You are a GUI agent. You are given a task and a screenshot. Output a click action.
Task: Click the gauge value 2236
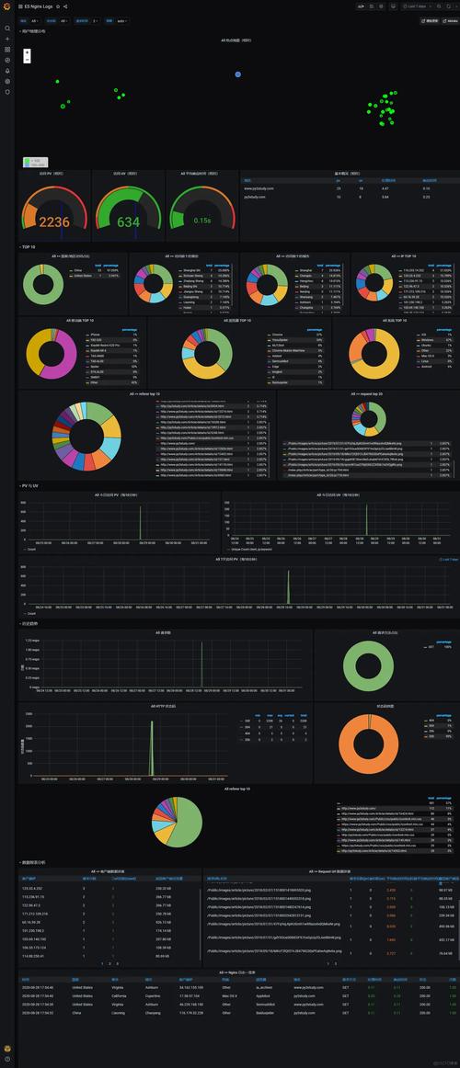(54, 222)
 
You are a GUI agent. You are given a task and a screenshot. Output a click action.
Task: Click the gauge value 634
(128, 222)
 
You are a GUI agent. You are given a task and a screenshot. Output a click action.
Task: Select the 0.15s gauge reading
(201, 221)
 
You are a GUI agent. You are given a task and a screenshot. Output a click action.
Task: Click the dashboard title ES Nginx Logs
(38, 6)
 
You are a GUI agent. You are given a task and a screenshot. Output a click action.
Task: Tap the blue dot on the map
(238, 74)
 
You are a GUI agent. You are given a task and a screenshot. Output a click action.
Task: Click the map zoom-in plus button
(27, 52)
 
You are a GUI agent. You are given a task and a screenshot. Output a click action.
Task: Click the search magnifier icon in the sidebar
(7, 28)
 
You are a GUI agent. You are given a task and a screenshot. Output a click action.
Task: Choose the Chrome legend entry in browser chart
(278, 335)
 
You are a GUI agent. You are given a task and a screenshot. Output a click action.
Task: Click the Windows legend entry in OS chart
(428, 339)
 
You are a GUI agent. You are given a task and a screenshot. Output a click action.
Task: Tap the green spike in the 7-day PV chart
(288, 587)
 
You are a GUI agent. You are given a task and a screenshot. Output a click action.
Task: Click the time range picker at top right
(416, 6)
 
